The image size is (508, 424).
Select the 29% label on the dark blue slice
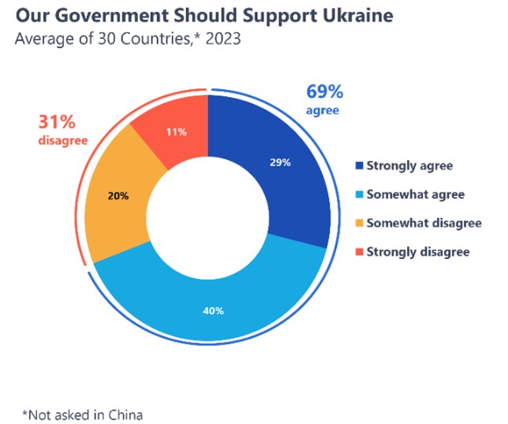click(280, 162)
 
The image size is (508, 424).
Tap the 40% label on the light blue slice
click(213, 310)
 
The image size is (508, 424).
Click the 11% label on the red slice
click(177, 132)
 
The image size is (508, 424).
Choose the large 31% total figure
click(57, 123)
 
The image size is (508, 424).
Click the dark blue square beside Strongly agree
click(360, 166)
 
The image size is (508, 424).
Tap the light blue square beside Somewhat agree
click(360, 194)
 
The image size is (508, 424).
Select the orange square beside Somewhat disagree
click(360, 223)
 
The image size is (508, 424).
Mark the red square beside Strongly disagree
click(360, 252)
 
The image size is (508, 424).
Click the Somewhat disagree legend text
click(424, 223)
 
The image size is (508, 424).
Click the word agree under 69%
click(323, 111)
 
